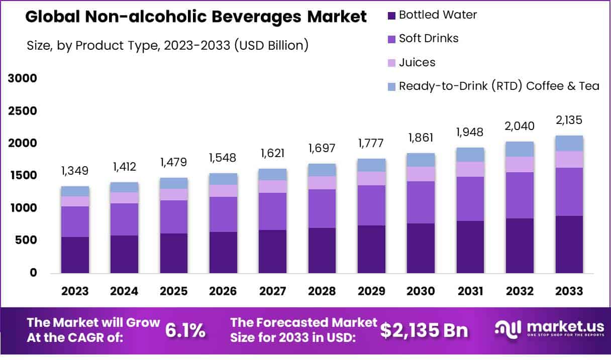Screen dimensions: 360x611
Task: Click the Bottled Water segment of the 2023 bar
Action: pos(75,255)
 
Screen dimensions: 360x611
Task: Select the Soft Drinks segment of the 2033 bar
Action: pos(569,192)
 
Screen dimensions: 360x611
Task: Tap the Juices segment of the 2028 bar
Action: pos(322,183)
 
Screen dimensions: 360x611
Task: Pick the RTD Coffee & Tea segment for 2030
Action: pos(421,160)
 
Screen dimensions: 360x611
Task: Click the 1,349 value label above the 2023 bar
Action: pos(75,171)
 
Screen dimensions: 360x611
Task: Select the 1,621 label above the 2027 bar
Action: pos(272,153)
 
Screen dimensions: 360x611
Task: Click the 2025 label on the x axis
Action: pos(174,291)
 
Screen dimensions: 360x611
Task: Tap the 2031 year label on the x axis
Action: pos(470,291)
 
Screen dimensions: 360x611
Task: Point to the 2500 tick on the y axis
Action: pos(23,111)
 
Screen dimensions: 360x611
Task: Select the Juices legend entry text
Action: pos(417,62)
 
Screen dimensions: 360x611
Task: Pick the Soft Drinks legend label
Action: pos(429,38)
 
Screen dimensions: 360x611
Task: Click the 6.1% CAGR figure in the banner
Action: pos(185,330)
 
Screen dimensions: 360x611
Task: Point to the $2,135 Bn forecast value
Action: pos(424,330)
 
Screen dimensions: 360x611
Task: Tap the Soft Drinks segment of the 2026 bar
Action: pos(223,214)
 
